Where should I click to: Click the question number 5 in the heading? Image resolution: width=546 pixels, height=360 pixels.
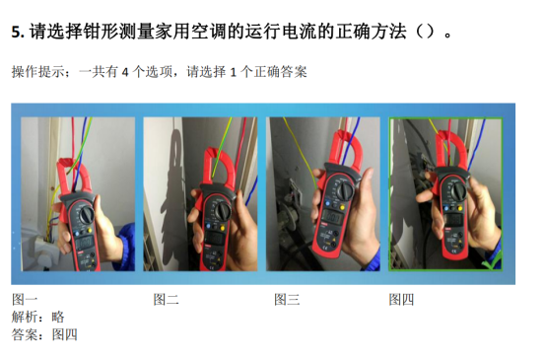16,32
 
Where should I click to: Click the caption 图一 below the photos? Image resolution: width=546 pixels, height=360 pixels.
25,300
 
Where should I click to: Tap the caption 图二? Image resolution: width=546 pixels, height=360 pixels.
167,300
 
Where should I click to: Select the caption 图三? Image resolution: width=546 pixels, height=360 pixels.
287,300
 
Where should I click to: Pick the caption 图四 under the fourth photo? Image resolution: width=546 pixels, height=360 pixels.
401,300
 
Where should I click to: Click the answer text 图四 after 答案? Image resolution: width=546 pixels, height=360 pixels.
65,334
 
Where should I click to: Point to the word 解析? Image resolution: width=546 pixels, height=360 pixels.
25,317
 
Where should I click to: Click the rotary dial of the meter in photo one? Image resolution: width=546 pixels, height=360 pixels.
86,215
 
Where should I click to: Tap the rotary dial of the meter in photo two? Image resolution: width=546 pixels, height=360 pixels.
222,210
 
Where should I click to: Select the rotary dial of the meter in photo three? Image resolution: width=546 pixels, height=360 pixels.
346,190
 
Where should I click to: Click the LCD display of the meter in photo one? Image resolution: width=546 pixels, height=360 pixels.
85,242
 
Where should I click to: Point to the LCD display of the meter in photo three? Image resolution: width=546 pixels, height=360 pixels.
331,218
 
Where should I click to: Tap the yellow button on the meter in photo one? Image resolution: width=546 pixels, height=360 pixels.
90,231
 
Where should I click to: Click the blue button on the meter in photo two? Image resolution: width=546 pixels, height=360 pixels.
209,226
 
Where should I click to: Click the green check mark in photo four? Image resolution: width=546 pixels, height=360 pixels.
492,262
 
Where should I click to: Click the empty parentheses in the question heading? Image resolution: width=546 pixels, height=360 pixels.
425,32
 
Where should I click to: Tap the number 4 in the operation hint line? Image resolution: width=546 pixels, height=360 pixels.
125,72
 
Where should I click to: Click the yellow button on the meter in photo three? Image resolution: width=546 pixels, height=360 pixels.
342,208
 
